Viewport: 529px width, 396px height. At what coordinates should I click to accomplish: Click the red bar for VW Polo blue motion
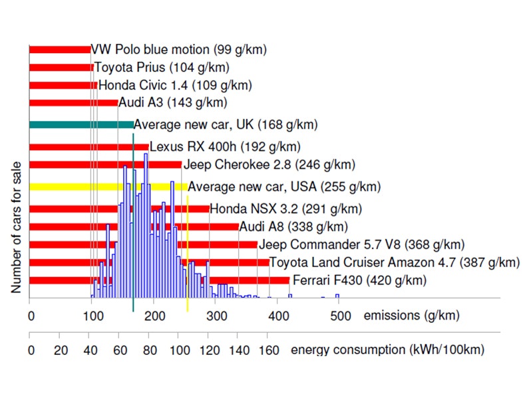pos(60,49)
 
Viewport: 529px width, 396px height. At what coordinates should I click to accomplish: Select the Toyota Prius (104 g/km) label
pos(162,67)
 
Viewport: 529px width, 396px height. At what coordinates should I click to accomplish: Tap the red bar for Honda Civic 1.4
pos(63,85)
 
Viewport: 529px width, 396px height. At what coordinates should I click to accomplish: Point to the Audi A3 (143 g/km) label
pos(173,102)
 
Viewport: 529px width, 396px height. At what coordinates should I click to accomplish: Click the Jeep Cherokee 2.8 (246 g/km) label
pos(269,165)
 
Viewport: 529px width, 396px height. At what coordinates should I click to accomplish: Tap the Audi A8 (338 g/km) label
pos(293,227)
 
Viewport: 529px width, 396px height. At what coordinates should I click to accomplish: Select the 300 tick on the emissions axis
pos(215,316)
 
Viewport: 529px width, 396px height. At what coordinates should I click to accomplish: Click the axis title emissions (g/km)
pos(411,316)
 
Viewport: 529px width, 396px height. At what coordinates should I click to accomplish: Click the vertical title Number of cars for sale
pos(16,227)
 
